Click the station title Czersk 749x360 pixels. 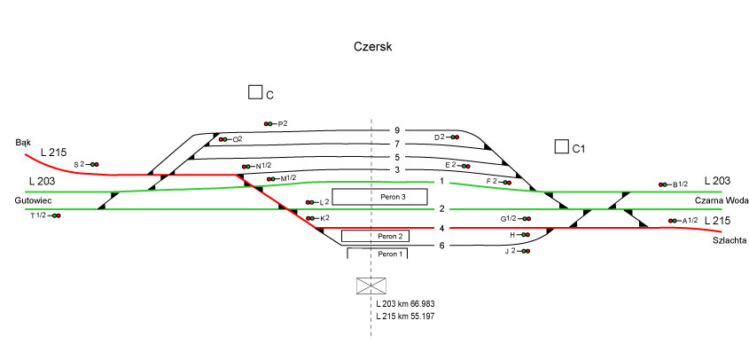372,46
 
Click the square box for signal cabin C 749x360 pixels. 255,92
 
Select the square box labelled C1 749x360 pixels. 561,146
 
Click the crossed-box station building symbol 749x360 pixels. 370,286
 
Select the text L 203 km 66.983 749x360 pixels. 405,303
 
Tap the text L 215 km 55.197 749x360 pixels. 405,317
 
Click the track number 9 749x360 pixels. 397,131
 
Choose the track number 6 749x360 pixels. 442,246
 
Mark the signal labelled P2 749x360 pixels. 276,123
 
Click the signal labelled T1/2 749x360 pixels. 44,215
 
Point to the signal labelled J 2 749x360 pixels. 517,252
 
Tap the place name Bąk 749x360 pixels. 24,142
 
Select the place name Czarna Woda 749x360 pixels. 718,200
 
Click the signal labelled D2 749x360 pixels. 446,137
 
